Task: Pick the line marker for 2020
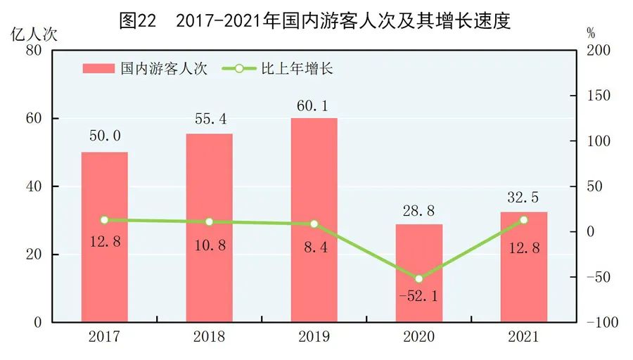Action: pyautogui.click(x=419, y=279)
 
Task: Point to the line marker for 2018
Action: pyautogui.click(x=210, y=222)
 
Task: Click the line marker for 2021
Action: pyautogui.click(x=523, y=220)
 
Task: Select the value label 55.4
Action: pyautogui.click(x=210, y=118)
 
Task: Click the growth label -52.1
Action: pyautogui.click(x=419, y=297)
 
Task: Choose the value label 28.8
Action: pyautogui.click(x=419, y=210)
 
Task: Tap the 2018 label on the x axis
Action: pyautogui.click(x=210, y=337)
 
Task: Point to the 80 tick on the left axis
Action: pyautogui.click(x=33, y=51)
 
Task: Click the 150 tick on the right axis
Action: pyautogui.click(x=600, y=96)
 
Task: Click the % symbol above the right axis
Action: pyautogui.click(x=590, y=33)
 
